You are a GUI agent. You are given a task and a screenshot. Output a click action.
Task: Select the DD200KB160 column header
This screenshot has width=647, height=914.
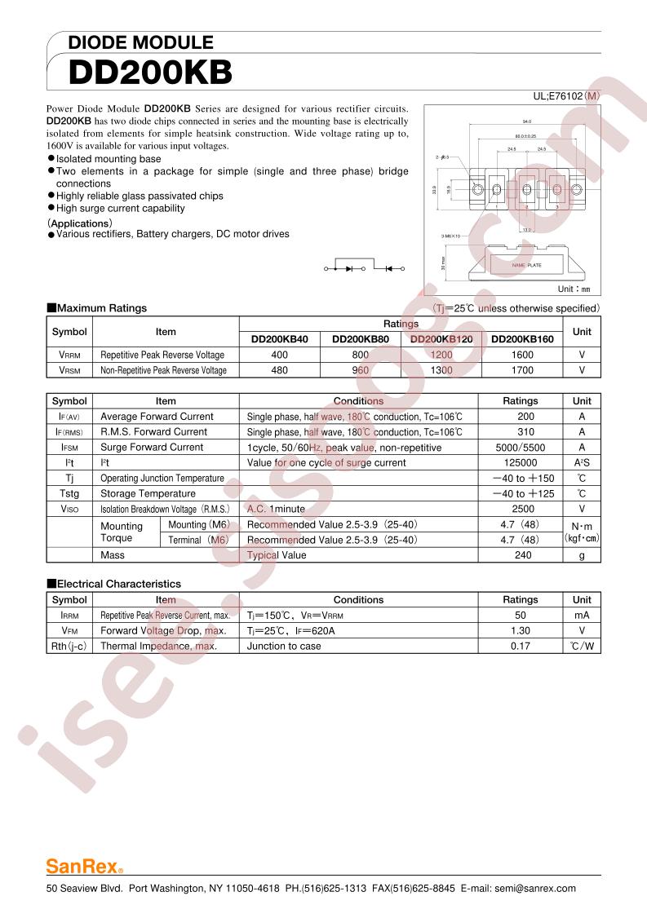click(x=522, y=339)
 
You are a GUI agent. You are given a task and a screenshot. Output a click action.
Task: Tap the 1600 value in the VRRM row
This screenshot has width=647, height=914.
click(x=522, y=355)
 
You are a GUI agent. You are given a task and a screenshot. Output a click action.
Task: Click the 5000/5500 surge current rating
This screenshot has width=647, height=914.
click(x=521, y=448)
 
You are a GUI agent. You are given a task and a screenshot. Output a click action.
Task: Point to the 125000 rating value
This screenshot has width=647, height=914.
click(x=521, y=463)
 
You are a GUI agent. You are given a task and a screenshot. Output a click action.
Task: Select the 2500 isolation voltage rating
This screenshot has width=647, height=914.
click(x=521, y=509)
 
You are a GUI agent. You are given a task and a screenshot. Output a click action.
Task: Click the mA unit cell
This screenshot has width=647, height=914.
click(x=582, y=615)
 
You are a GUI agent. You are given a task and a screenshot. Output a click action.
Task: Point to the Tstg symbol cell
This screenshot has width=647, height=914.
click(x=69, y=493)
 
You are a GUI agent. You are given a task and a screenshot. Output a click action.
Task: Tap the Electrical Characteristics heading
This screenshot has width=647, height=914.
click(x=113, y=584)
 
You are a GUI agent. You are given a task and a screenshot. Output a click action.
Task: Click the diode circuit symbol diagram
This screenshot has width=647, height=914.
click(x=365, y=267)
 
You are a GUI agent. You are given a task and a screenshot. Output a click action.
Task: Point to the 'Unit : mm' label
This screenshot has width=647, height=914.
click(x=573, y=289)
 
